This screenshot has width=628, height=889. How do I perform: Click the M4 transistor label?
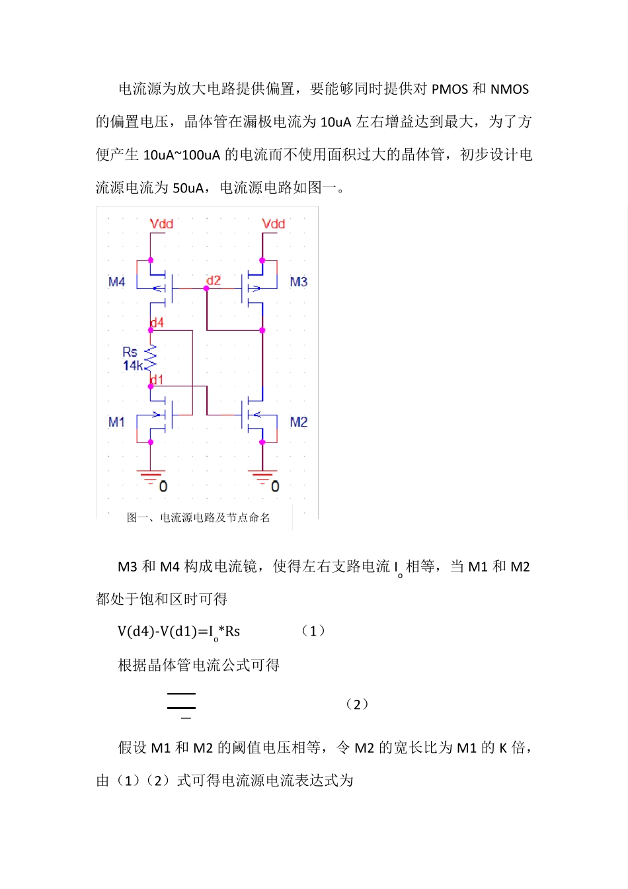[116, 282]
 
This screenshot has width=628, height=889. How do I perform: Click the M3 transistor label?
[299, 282]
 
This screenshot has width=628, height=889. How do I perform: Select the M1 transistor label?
[116, 422]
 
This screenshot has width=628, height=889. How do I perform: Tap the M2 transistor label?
[299, 422]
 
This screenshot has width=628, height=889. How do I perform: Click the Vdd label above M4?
[161, 224]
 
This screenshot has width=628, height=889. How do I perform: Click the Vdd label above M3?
[273, 224]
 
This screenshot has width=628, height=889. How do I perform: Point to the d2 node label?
[214, 280]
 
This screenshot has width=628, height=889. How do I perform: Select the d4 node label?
[157, 323]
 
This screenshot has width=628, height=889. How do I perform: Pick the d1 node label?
[157, 380]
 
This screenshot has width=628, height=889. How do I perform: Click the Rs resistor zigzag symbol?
[151, 357]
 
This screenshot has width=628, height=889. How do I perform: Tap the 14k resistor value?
[132, 366]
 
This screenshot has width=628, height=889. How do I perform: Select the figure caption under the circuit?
[198, 517]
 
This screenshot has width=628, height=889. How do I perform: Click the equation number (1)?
[313, 631]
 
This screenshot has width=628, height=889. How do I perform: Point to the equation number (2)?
[357, 704]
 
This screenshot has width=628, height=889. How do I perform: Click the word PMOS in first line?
[450, 89]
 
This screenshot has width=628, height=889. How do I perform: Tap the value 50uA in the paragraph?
[188, 188]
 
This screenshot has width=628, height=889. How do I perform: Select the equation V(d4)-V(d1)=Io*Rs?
[178, 632]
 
